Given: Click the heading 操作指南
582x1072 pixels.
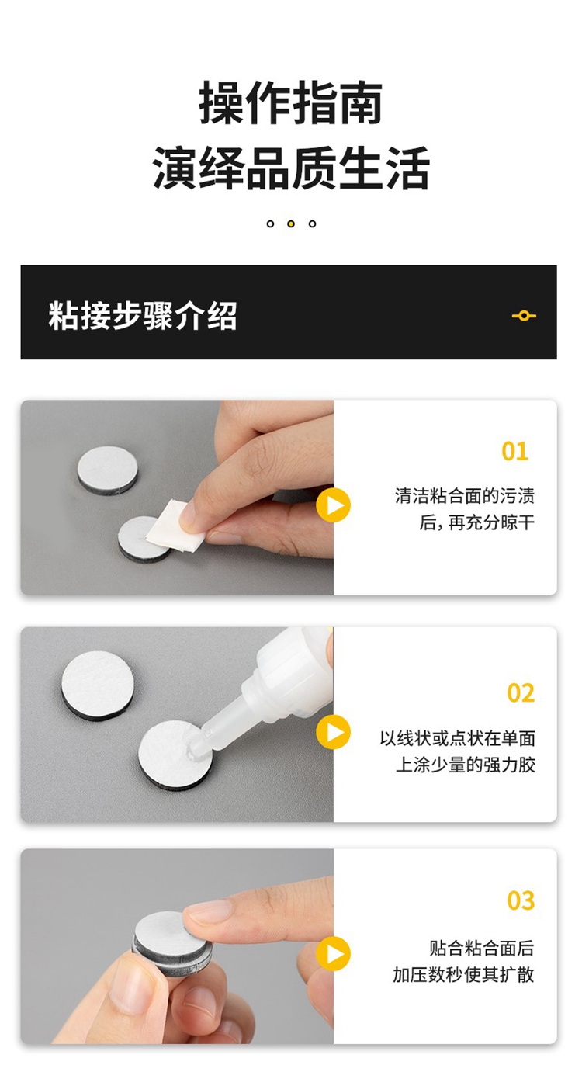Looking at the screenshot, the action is (291, 102).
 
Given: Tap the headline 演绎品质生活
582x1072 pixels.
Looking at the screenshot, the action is (291, 168).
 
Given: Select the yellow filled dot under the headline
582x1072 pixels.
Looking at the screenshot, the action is (291, 224).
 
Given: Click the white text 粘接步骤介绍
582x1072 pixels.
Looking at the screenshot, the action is (143, 315).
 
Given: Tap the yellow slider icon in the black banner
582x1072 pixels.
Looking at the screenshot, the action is (524, 316).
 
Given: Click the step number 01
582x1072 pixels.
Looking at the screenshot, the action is (514, 451).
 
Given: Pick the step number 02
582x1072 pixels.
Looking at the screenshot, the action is (521, 692).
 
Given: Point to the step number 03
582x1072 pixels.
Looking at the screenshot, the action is (521, 900).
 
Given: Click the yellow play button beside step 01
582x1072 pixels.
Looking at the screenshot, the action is (334, 505).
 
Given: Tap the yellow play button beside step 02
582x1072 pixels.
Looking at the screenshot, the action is (334, 732).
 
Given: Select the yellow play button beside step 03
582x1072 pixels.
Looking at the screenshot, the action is (334, 953).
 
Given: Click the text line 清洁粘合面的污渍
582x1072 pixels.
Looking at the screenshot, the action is (465, 496).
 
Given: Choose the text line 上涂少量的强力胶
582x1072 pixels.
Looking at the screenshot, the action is (466, 765).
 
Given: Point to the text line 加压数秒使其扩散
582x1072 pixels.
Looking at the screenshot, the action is (463, 974).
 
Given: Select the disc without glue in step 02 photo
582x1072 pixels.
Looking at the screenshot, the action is (98, 685).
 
